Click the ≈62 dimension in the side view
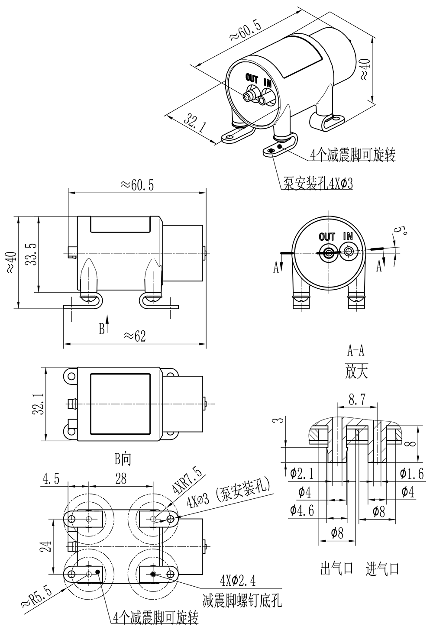pyautogui.click(x=134, y=336)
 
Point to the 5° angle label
pyautogui.click(x=402, y=232)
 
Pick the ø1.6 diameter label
pyautogui.click(x=412, y=474)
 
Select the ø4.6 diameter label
pyautogui.click(x=301, y=510)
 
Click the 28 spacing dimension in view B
pyautogui.click(x=121, y=478)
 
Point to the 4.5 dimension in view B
pyautogui.click(x=51, y=478)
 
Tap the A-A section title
pyautogui.click(x=356, y=349)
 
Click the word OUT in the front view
pyautogui.click(x=327, y=237)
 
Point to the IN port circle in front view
pyautogui.click(x=348, y=252)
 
